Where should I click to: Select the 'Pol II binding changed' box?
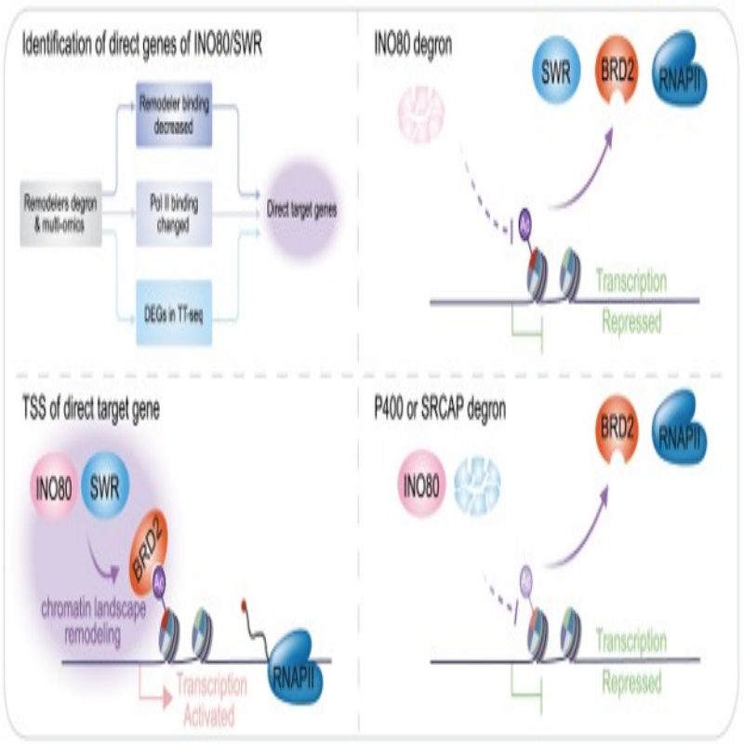tap(175, 212)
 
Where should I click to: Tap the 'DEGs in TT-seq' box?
tap(175, 312)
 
